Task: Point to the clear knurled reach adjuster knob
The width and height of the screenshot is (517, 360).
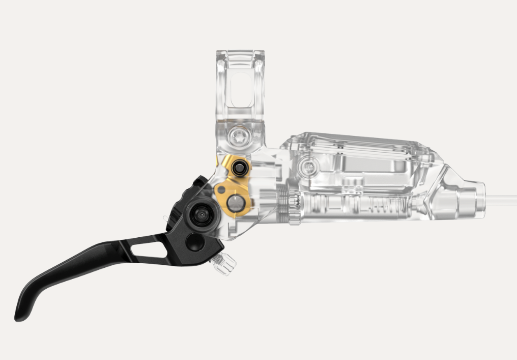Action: (x=224, y=264)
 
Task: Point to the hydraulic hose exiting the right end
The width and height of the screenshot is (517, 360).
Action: (x=501, y=198)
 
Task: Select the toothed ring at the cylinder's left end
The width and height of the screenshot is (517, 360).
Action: (x=293, y=206)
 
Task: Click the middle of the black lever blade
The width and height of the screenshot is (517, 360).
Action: (x=102, y=257)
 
